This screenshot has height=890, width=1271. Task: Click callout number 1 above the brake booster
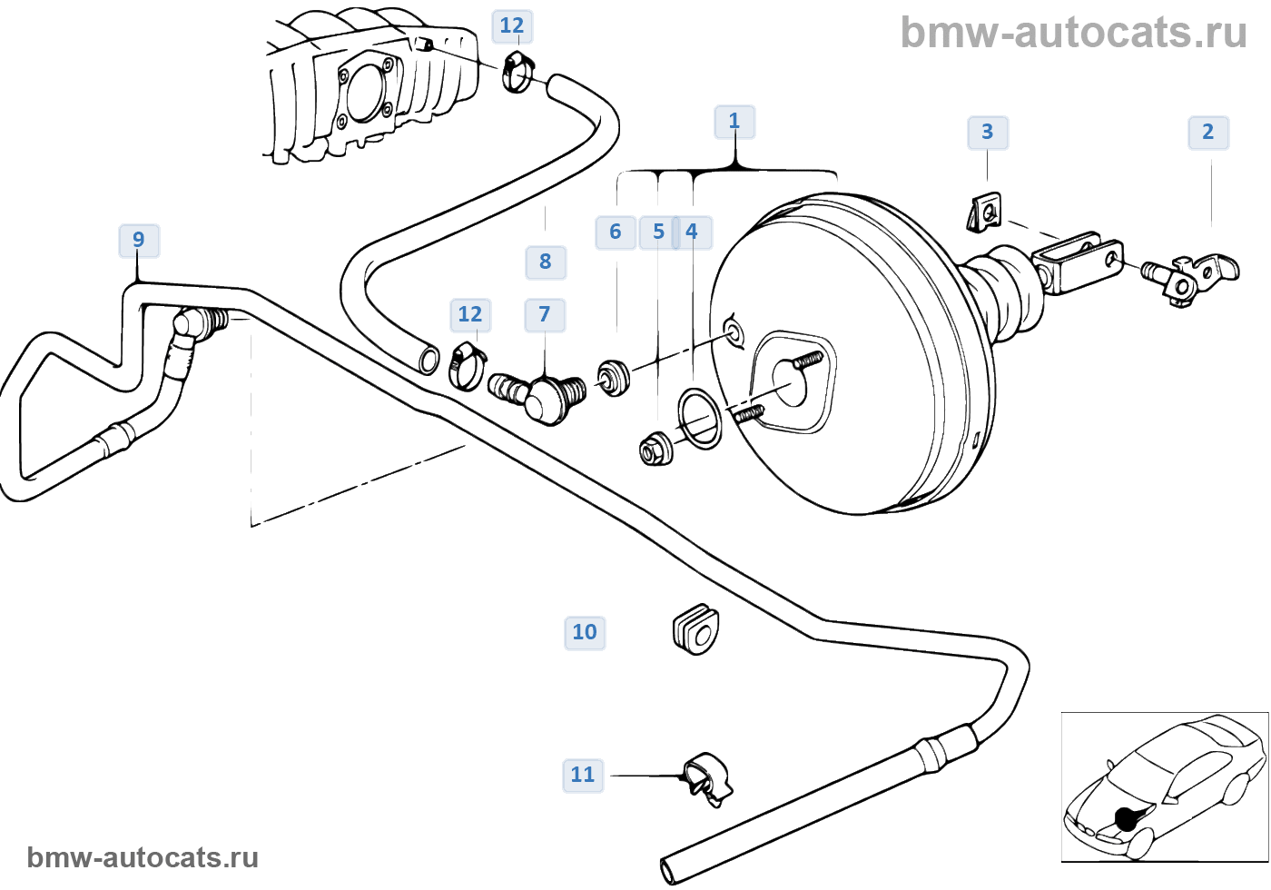pyautogui.click(x=734, y=121)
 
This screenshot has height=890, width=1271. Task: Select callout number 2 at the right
pyautogui.click(x=1208, y=132)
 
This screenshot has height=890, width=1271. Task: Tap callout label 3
pyautogui.click(x=988, y=132)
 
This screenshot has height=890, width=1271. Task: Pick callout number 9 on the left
pyautogui.click(x=138, y=240)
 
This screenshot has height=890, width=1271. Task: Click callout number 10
pyautogui.click(x=585, y=632)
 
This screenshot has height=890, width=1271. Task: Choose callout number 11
pyautogui.click(x=583, y=775)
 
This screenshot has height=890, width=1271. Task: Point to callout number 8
pyautogui.click(x=546, y=262)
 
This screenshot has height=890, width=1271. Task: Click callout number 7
pyautogui.click(x=545, y=314)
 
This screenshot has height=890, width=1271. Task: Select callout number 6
pyautogui.click(x=616, y=232)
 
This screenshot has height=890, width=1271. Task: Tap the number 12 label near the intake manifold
pyautogui.click(x=512, y=25)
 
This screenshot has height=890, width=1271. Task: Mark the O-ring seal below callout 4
pyautogui.click(x=700, y=419)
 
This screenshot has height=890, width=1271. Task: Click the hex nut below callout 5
pyautogui.click(x=655, y=448)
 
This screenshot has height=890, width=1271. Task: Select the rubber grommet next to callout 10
pyautogui.click(x=696, y=628)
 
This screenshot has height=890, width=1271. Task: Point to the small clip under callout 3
pyautogui.click(x=983, y=213)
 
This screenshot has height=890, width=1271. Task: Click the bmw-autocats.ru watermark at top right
pyautogui.click(x=1073, y=33)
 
